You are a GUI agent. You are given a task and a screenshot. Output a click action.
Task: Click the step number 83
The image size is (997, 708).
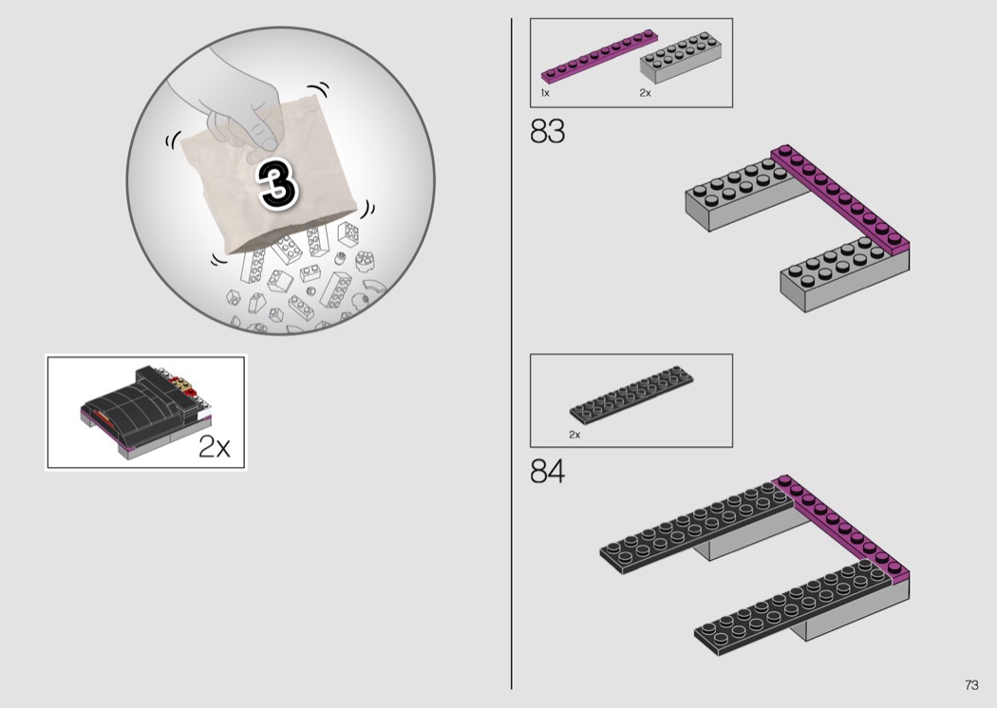[547, 132]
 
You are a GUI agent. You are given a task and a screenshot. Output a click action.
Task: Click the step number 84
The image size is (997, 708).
[547, 472]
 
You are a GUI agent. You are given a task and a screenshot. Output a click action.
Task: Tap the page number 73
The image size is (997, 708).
[971, 684]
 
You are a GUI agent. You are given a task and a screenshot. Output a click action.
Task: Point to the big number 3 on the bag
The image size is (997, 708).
[277, 184]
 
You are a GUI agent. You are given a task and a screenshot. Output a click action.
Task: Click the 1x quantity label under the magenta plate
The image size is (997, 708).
[545, 93]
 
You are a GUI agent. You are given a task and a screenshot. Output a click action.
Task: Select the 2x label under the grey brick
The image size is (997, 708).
[645, 93]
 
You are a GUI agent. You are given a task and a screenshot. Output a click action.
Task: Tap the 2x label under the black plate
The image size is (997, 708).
[574, 435]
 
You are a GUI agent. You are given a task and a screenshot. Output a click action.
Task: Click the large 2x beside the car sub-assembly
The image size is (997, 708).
[215, 446]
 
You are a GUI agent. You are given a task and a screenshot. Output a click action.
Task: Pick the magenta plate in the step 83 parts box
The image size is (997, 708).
[599, 56]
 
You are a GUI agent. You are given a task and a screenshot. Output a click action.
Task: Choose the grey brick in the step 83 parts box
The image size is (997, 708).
[681, 57]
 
